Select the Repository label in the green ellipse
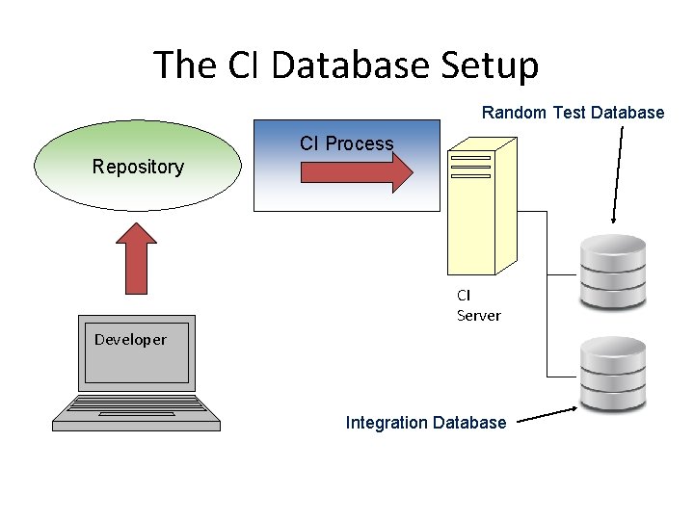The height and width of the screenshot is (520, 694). pyautogui.click(x=138, y=167)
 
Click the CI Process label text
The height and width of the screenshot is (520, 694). pyautogui.click(x=346, y=143)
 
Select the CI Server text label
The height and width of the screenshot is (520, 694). pyautogui.click(x=478, y=305)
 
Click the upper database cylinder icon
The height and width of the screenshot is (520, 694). pyautogui.click(x=612, y=271)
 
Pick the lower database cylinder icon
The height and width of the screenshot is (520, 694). pyautogui.click(x=612, y=374)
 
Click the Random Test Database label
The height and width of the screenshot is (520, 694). pyautogui.click(x=573, y=113)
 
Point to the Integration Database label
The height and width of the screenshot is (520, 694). pyautogui.click(x=425, y=422)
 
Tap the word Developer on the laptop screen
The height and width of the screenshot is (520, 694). pyautogui.click(x=130, y=339)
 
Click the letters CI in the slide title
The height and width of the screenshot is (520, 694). pyautogui.click(x=242, y=65)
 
